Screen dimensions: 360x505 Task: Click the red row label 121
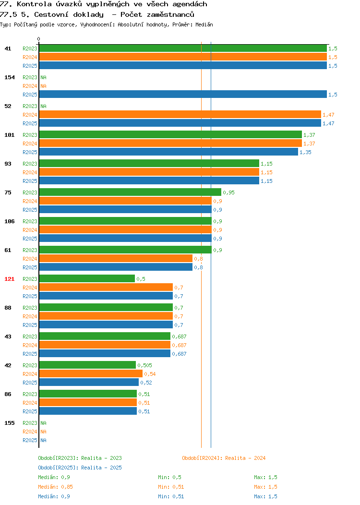point(9,279)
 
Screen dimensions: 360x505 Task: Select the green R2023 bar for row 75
point(130,192)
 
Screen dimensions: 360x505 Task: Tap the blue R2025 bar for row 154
point(183,95)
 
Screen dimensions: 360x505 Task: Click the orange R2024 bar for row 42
point(91,373)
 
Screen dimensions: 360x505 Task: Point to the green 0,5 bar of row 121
point(87,278)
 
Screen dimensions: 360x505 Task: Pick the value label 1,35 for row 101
point(305,152)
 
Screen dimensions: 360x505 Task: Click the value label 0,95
point(228,192)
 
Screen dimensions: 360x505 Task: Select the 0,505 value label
point(144,365)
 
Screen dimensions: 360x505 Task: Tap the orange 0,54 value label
point(150,374)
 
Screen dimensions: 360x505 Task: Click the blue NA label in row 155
point(44,440)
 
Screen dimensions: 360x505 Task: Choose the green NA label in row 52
point(44,106)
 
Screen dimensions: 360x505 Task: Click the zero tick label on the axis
point(39,39)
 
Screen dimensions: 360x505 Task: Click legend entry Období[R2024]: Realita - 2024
point(224,458)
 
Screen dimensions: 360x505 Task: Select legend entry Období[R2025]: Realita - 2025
point(80,468)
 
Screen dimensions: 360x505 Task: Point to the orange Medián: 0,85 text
point(55,487)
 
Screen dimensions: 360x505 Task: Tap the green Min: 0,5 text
point(170,477)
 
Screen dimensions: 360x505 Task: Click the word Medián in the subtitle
point(204,24)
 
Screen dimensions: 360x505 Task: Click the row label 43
point(8,337)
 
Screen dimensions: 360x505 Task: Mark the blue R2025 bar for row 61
point(116,267)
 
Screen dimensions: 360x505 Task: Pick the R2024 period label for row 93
point(30,173)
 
